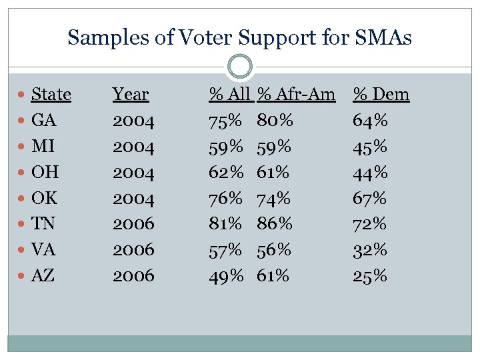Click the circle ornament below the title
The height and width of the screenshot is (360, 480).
point(240,67)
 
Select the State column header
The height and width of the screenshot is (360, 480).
point(51,95)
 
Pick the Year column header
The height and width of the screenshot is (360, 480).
point(131,95)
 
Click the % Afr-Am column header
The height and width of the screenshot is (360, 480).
point(297,95)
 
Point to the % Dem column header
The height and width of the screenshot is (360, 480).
point(381,95)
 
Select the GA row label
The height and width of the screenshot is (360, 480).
point(44,121)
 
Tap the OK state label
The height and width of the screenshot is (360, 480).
point(45,198)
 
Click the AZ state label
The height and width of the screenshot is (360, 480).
point(43,275)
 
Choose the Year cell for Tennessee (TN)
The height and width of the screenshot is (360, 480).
point(133,224)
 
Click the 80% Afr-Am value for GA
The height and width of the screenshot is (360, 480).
point(275,121)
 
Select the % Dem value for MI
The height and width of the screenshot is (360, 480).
point(370,147)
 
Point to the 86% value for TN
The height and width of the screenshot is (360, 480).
point(275,224)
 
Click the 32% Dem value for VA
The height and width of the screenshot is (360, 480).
point(370,250)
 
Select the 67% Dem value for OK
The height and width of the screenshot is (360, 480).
point(370,198)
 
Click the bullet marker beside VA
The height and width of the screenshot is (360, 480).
point(23,250)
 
